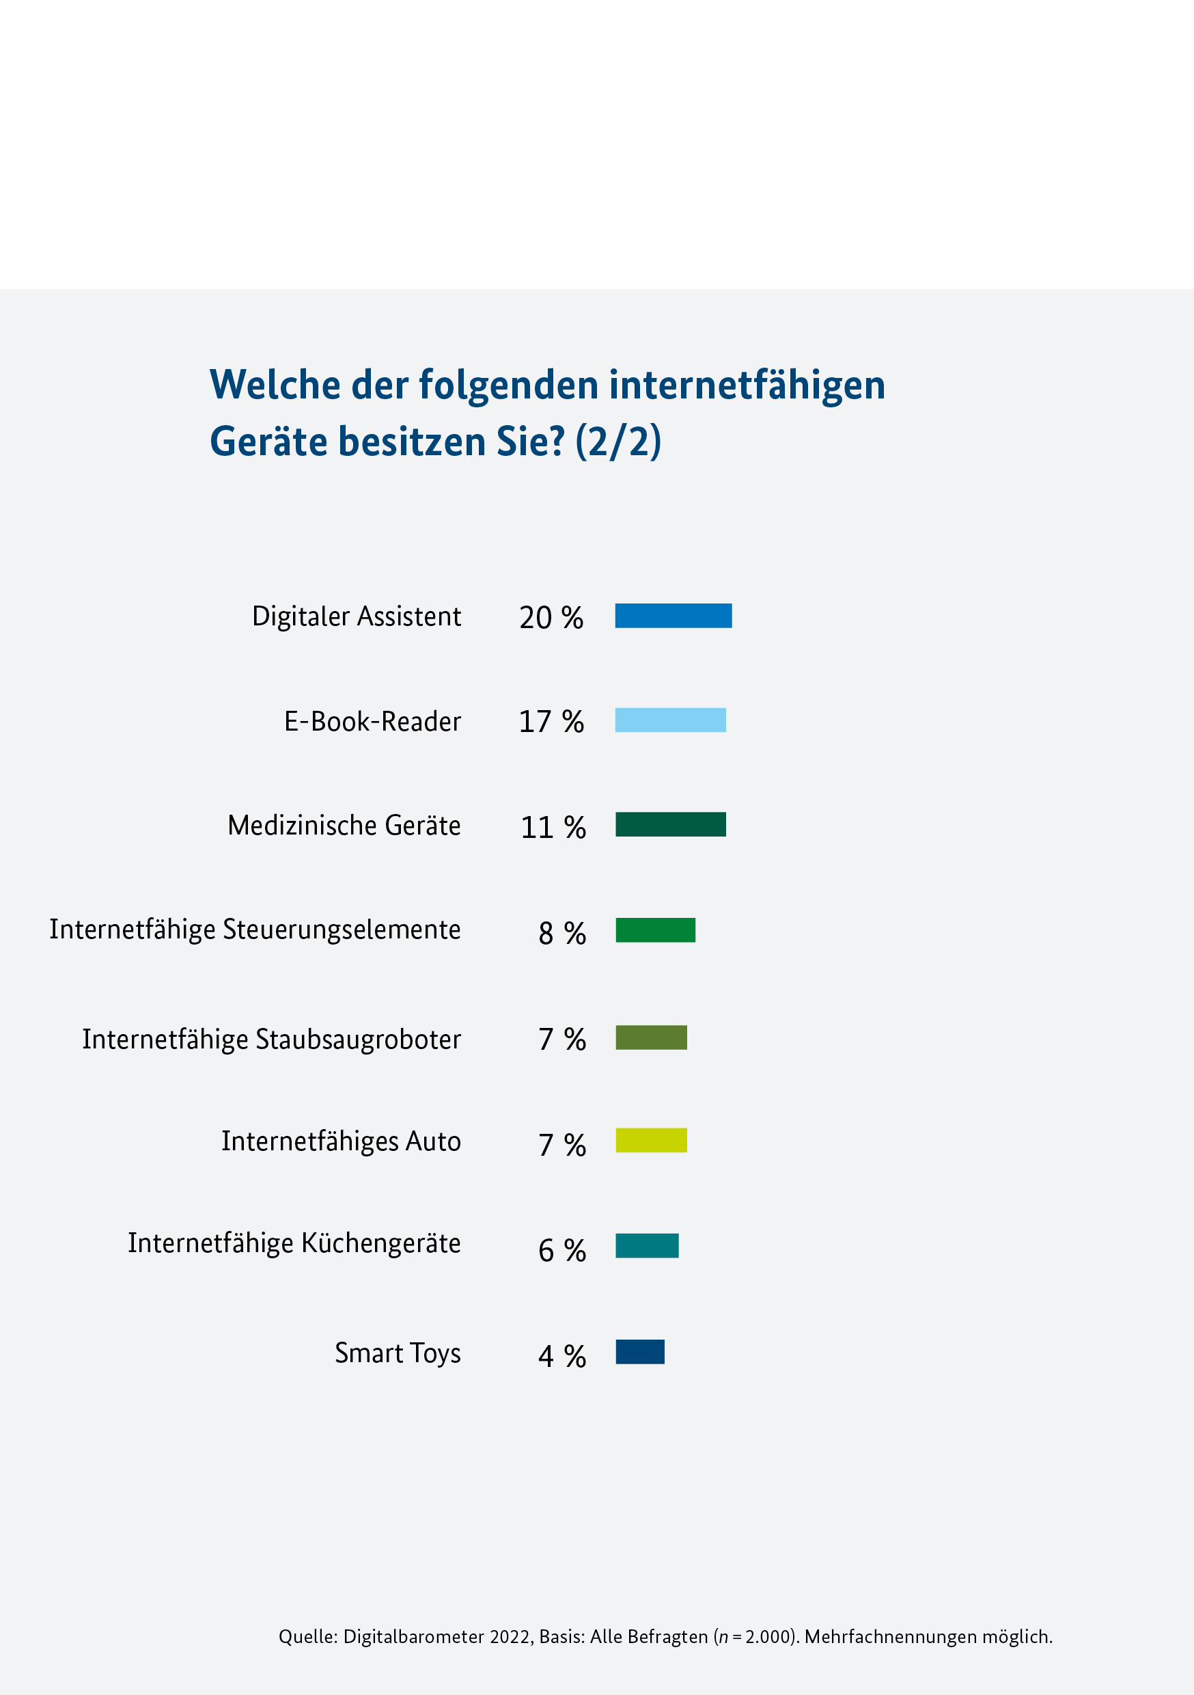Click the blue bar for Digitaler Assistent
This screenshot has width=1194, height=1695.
[x=673, y=616]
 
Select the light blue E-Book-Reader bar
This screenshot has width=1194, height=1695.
[x=670, y=720]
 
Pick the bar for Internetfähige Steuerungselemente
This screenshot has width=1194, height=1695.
[x=655, y=930]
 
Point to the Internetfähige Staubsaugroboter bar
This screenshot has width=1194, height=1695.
[x=651, y=1038]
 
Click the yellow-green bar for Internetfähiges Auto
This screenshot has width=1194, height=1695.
[x=651, y=1140]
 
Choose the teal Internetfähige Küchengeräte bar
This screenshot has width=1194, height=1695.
[x=646, y=1245]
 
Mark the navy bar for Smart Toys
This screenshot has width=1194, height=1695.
[x=640, y=1352]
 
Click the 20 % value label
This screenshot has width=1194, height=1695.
[x=551, y=618]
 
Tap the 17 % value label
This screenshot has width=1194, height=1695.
[x=551, y=722]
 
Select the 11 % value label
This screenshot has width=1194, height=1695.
[x=553, y=828]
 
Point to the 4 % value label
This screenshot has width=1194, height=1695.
[x=561, y=1356]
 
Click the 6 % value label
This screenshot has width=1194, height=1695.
[x=561, y=1250]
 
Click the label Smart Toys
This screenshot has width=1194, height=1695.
[x=398, y=1353]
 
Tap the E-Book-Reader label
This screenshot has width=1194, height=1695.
[x=373, y=721]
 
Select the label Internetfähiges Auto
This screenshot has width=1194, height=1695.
[x=341, y=1141]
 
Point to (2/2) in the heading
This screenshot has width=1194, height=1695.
[x=617, y=442]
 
